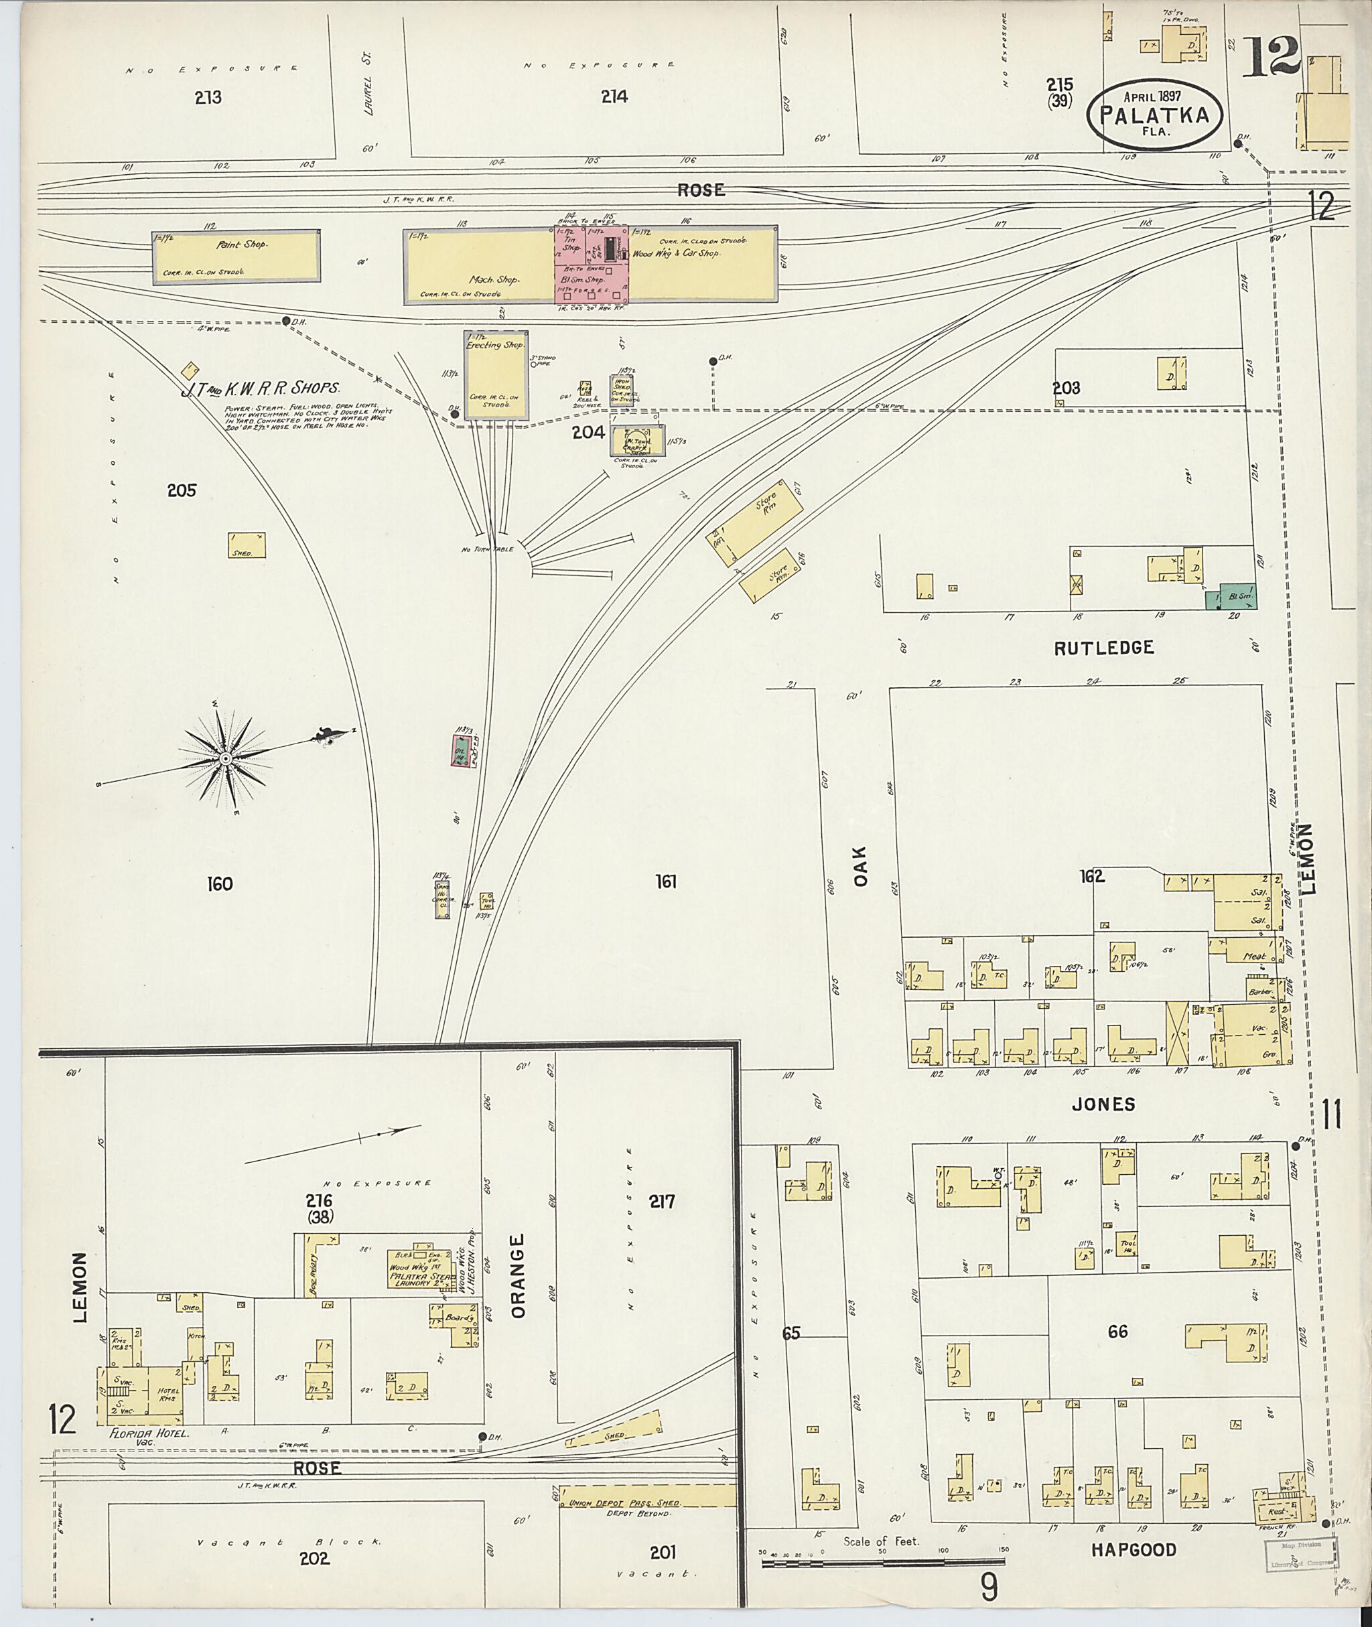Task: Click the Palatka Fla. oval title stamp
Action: pos(1154,115)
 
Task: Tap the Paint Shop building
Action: pos(236,257)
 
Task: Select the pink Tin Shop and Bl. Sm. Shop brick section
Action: pos(590,265)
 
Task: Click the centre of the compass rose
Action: pos(225,758)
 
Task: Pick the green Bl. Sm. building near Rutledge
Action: pos(1231,595)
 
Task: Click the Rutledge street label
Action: pos(1103,647)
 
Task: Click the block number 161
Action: pos(666,881)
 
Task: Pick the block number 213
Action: pos(208,97)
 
